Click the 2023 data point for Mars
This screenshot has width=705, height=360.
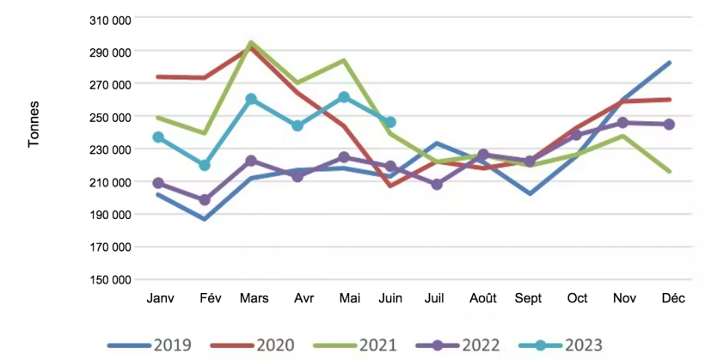251,99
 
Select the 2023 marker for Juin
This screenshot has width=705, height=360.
390,122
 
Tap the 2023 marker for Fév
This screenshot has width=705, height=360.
205,165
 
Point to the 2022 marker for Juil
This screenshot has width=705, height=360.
437,185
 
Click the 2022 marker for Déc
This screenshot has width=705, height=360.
669,125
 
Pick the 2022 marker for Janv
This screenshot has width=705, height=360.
158,183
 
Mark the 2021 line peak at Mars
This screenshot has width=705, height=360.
251,42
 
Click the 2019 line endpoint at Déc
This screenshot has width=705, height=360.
669,63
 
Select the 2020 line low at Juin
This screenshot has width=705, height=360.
390,186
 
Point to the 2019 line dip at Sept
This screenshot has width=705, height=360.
530,193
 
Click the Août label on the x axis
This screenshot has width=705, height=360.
483,298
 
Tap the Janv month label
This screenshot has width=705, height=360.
159,298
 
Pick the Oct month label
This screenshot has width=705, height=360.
577,298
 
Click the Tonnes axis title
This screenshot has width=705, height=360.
34,125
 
